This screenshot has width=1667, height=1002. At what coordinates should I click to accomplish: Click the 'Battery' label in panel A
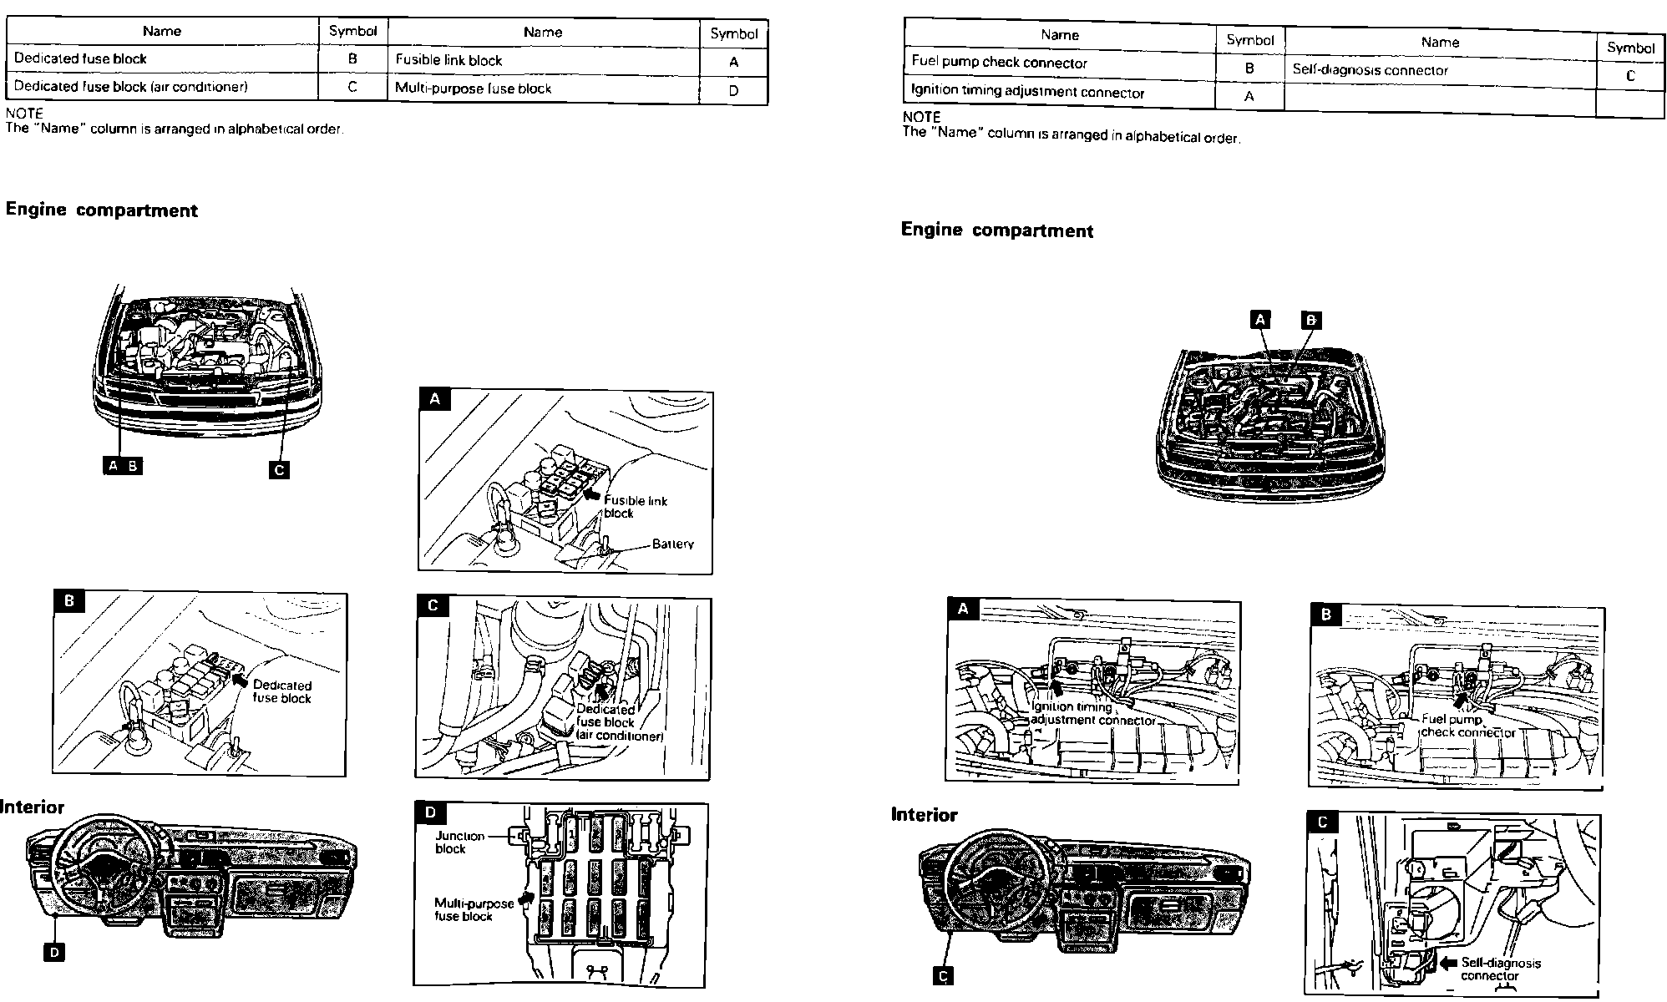click(672, 544)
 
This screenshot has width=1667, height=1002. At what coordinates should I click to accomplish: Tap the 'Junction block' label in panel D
click(459, 842)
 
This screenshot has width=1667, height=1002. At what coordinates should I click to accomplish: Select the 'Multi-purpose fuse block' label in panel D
click(474, 909)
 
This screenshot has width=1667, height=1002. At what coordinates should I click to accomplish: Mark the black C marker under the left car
click(280, 469)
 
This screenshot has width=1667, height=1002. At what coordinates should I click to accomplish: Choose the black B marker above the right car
click(1311, 320)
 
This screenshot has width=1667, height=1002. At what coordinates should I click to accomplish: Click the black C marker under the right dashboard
click(944, 976)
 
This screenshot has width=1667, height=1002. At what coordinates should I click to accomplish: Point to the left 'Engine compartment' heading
click(101, 210)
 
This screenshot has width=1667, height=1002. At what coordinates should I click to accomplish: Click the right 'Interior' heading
click(924, 815)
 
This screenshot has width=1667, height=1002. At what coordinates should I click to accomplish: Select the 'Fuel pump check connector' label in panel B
click(1467, 726)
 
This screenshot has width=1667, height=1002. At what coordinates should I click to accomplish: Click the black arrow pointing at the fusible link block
click(591, 494)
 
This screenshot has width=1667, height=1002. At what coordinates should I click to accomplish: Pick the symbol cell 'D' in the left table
click(733, 91)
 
